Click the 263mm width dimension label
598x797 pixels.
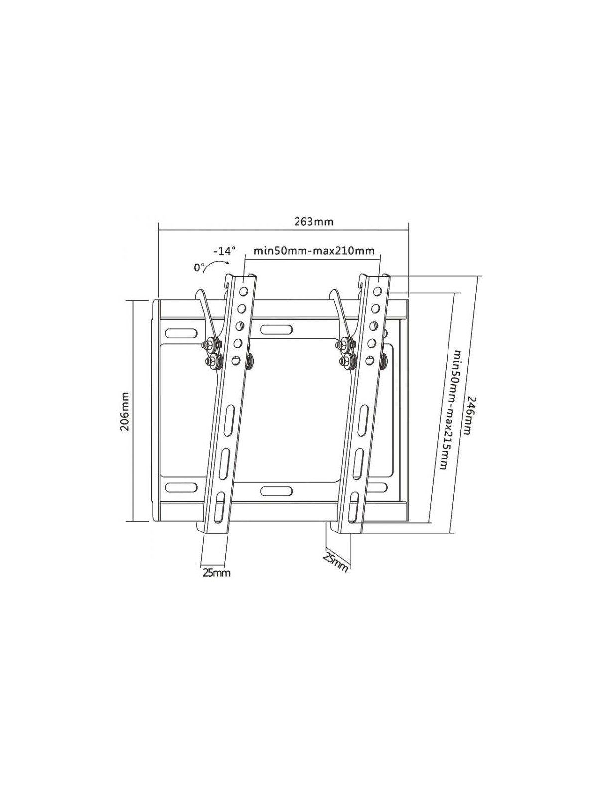(313, 222)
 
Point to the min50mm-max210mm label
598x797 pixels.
(314, 251)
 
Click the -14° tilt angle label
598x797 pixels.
(224, 251)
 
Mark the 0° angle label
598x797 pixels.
(200, 268)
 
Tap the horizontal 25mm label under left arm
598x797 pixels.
(216, 573)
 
